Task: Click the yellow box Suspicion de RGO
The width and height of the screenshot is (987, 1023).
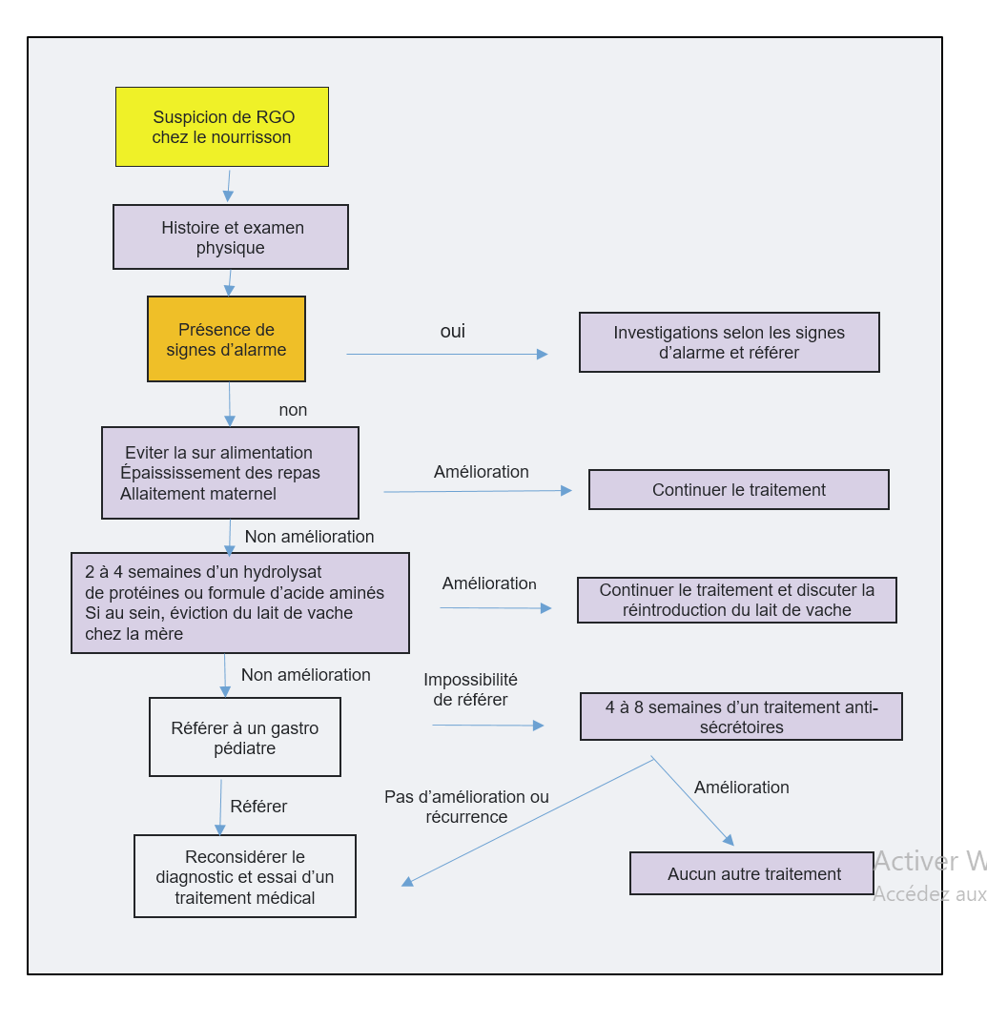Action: [x=222, y=127]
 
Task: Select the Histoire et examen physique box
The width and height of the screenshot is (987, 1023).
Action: [x=231, y=237]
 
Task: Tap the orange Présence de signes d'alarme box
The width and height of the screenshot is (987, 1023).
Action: [x=226, y=339]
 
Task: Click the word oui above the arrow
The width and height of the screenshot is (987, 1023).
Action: [x=453, y=332]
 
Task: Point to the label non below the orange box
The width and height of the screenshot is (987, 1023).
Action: [x=293, y=410]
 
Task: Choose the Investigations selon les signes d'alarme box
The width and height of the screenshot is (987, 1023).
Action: [x=730, y=342]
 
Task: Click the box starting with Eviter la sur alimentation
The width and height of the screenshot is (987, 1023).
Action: [x=230, y=473]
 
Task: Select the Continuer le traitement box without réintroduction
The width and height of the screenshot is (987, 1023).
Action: [x=739, y=490]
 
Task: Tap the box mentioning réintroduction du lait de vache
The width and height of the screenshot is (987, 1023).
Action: [x=737, y=600]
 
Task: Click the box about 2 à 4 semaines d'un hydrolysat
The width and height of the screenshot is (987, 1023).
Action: [x=240, y=603]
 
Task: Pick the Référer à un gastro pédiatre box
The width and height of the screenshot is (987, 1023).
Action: [x=245, y=738]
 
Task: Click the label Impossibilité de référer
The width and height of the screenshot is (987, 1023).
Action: [x=470, y=689]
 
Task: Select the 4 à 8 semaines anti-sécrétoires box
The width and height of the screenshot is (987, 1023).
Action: [x=741, y=717]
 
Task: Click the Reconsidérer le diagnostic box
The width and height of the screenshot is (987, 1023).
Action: [x=245, y=877]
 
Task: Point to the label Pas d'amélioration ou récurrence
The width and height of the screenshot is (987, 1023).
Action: [x=466, y=807]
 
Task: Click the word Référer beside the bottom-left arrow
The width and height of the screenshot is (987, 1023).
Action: [x=258, y=807]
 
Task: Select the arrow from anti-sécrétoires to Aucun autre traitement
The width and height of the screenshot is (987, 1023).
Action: [x=693, y=801]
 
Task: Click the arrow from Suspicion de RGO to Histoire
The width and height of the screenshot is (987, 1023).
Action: [x=229, y=186]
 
